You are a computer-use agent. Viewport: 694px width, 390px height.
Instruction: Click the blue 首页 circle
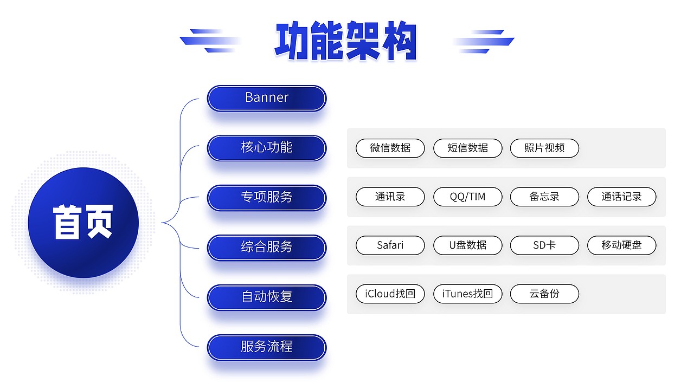click(x=83, y=223)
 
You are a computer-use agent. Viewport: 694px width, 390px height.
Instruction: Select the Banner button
click(x=267, y=98)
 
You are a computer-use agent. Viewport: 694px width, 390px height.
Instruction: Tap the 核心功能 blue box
click(x=267, y=148)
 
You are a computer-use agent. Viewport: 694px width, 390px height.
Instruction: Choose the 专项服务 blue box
click(x=267, y=198)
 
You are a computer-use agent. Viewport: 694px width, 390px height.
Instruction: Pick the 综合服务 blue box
click(x=267, y=248)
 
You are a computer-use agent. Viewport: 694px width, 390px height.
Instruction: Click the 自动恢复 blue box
click(x=267, y=297)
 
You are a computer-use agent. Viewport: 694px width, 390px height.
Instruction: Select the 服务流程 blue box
click(x=267, y=347)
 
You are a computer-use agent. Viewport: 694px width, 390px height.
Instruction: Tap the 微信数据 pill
click(x=390, y=148)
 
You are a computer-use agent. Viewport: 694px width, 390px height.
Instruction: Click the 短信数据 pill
click(x=467, y=148)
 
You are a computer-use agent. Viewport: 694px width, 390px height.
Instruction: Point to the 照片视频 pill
click(x=544, y=148)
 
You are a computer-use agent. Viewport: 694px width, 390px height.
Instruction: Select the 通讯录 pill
click(x=390, y=197)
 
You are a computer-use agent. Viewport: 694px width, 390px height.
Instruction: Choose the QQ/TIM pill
click(x=467, y=197)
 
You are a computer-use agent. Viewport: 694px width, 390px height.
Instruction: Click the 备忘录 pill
click(x=544, y=197)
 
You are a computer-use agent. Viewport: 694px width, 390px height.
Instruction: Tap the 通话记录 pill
click(x=621, y=197)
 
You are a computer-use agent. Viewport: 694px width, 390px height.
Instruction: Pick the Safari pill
click(x=390, y=245)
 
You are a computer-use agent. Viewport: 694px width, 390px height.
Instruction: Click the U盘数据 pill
click(x=467, y=245)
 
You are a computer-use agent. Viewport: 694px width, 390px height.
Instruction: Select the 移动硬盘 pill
click(x=621, y=245)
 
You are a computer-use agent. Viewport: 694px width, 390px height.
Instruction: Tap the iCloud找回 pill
click(x=390, y=294)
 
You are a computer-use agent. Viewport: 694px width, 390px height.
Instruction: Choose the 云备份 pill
click(x=544, y=294)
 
